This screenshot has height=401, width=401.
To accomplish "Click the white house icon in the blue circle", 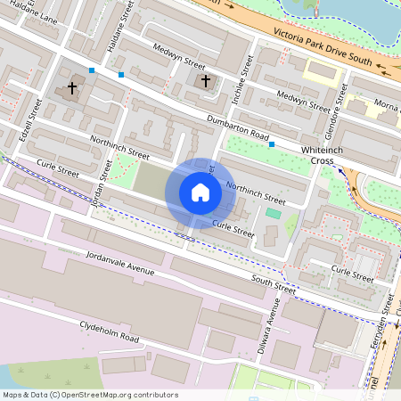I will pos(200,192).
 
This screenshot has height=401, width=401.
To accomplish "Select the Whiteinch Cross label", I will pos(318,153).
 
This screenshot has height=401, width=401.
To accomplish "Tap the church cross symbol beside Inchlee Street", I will pos(206,81).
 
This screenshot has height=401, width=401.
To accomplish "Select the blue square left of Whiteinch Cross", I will pos(272,144).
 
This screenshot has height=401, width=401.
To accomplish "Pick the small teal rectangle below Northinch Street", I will pos(273,213).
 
